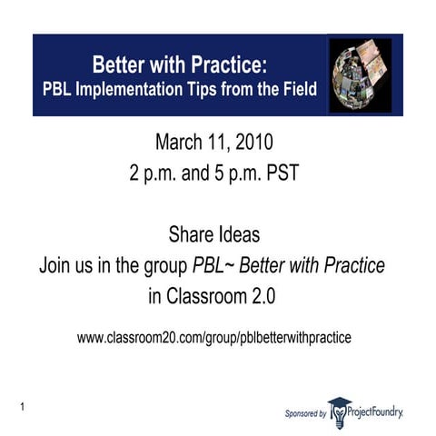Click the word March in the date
click(x=181, y=143)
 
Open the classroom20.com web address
click(x=213, y=337)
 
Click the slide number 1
click(x=19, y=404)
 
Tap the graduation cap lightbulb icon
click(x=339, y=411)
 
